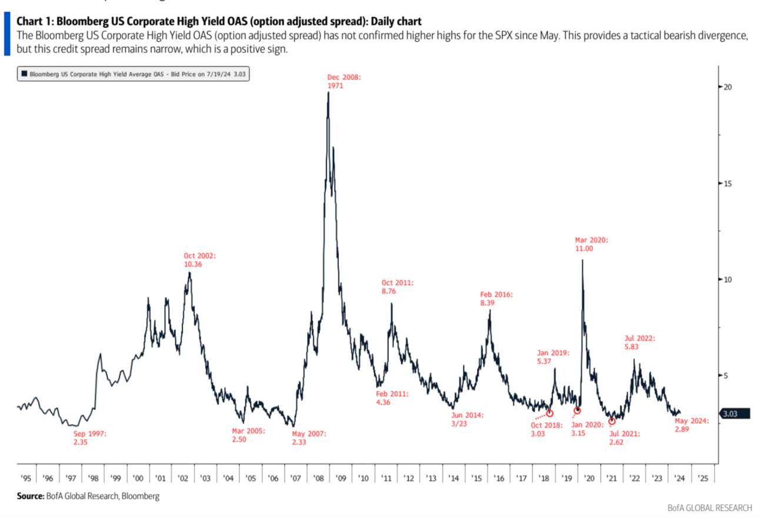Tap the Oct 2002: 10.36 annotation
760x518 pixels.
click(x=200, y=260)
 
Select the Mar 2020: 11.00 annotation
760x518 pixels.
click(x=591, y=244)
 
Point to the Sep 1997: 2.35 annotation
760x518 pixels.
click(x=88, y=437)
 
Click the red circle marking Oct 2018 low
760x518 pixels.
click(x=549, y=413)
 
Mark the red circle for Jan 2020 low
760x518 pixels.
click(x=577, y=410)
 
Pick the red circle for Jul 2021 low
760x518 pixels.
click(x=612, y=421)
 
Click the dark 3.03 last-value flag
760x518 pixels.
click(x=734, y=414)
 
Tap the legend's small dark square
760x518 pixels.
click(x=24, y=74)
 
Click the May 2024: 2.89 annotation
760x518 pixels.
click(x=692, y=425)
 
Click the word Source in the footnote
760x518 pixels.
click(x=30, y=496)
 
